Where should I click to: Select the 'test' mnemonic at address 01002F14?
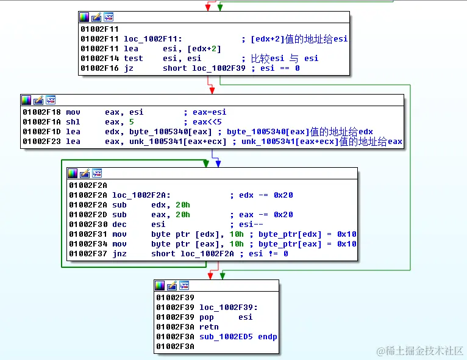[133, 59]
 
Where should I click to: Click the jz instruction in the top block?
[128, 68]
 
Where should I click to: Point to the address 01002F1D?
[41, 132]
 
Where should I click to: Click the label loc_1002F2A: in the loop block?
[140, 195]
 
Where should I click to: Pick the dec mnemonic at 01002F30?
[120, 225]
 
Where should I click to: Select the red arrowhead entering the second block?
[212, 90]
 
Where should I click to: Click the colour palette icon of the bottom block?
[160, 286]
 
